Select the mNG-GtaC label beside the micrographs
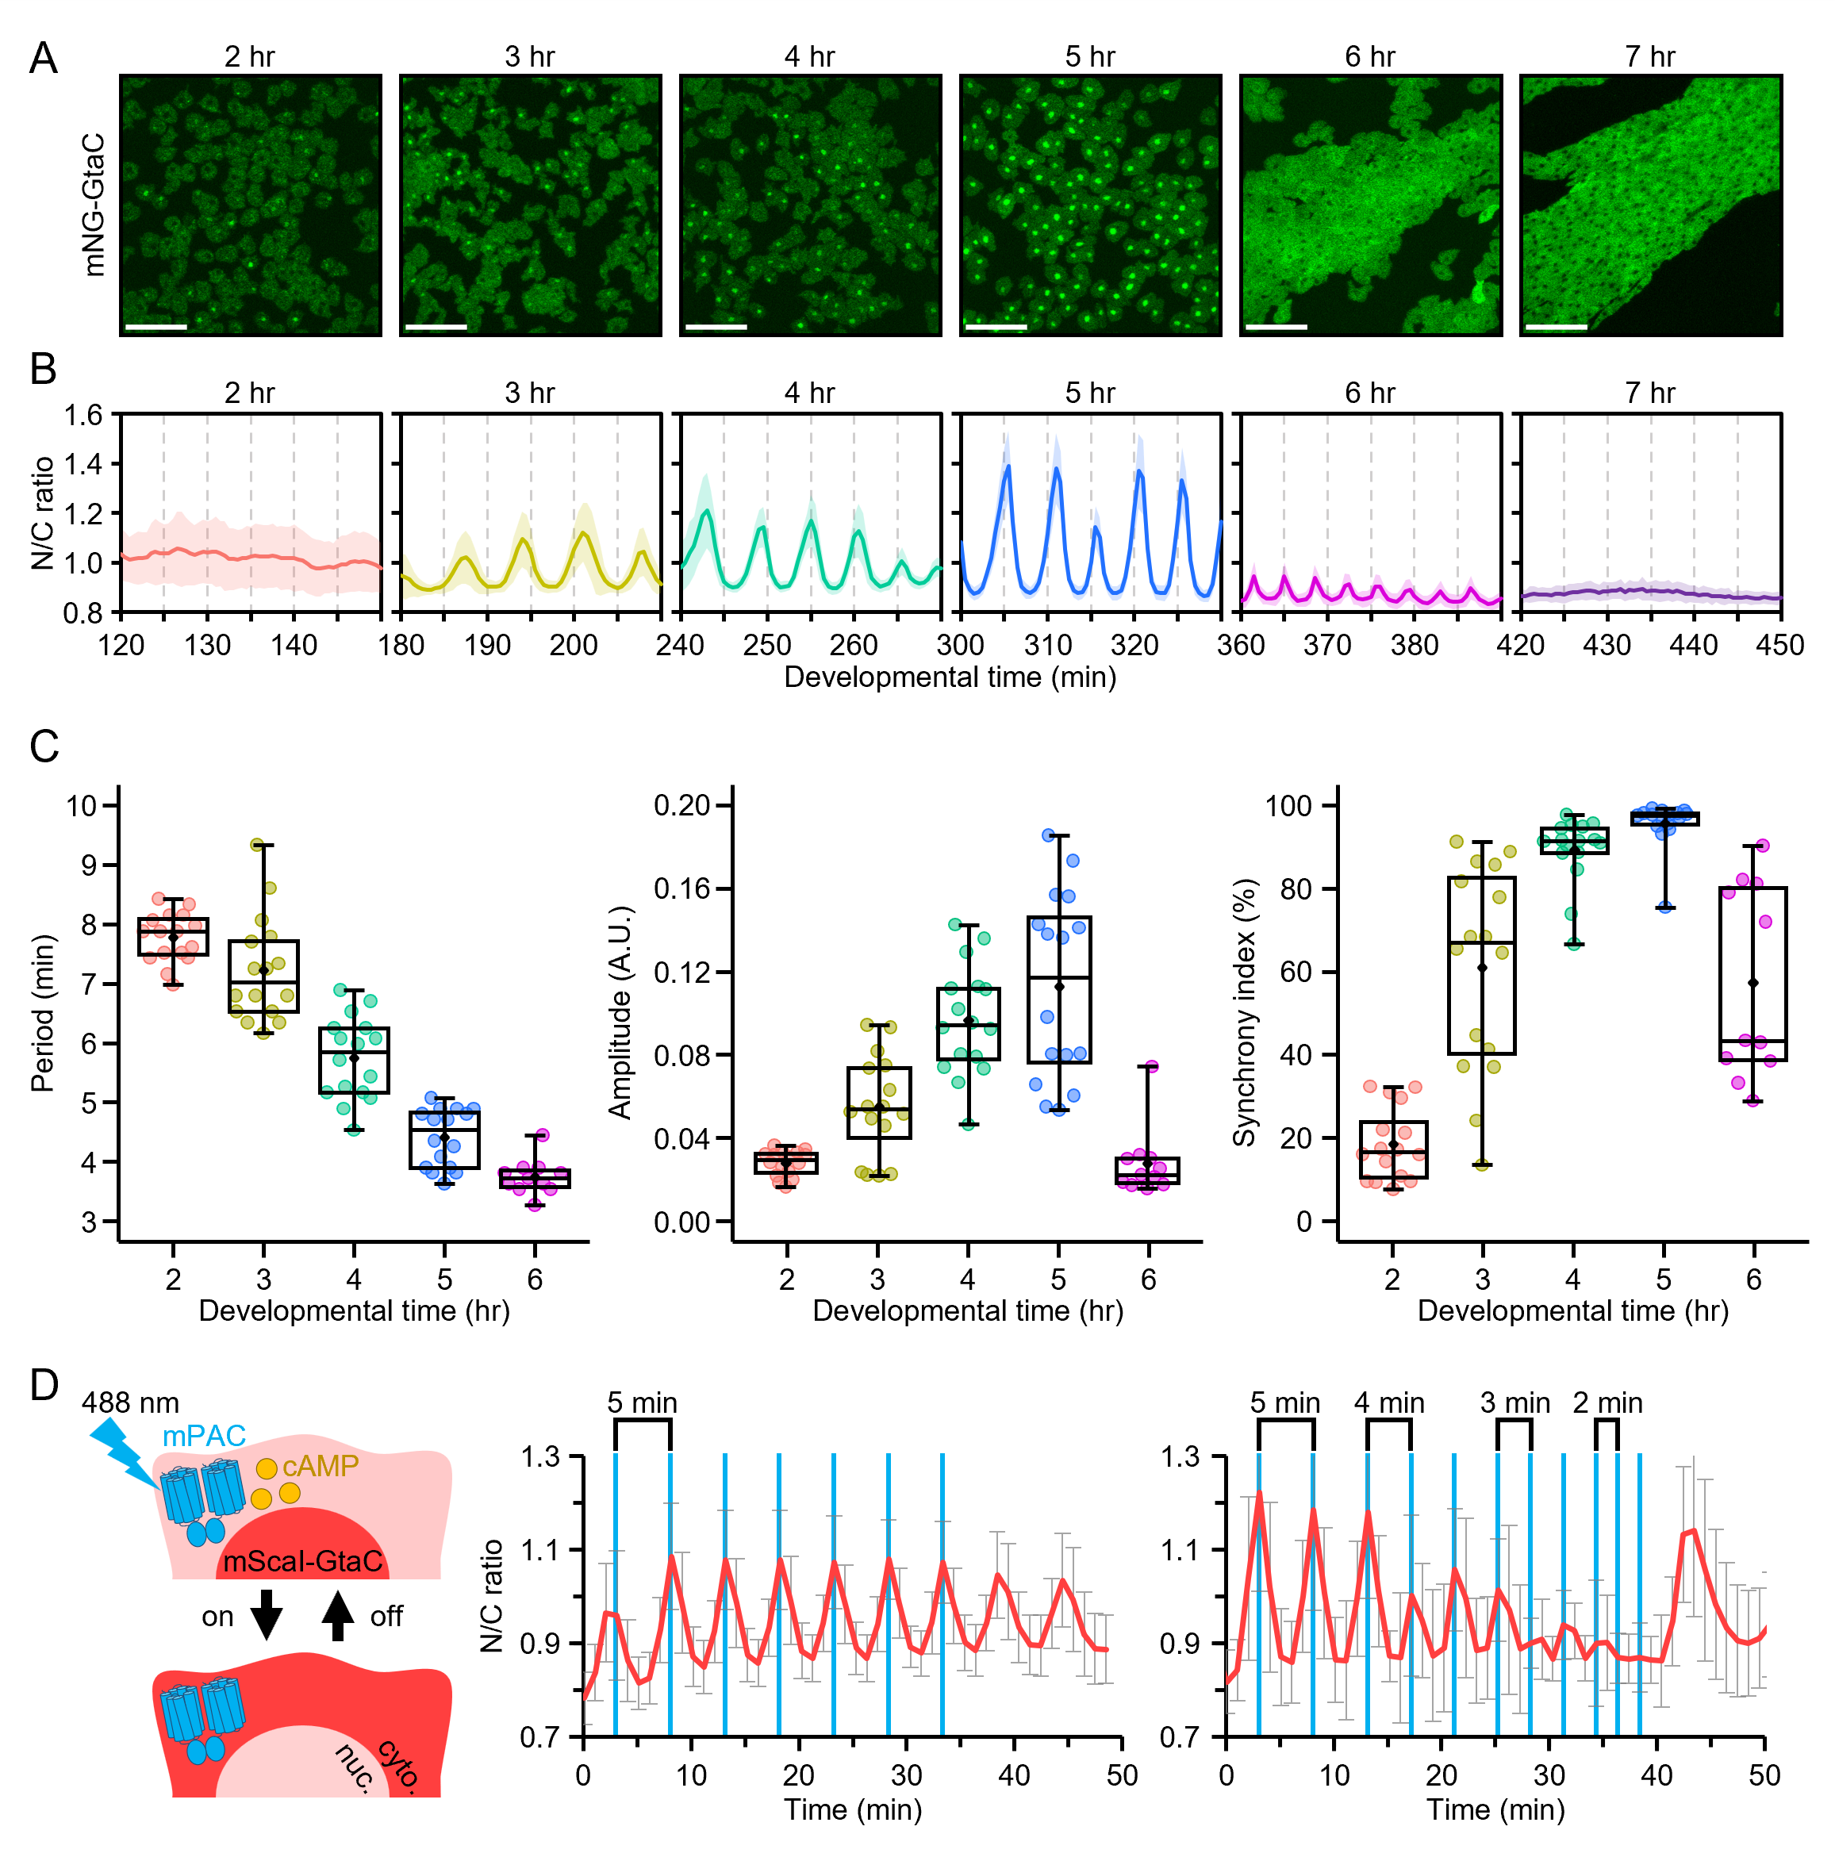point(94,205)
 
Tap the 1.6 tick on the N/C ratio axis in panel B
point(83,415)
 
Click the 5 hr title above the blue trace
point(1089,393)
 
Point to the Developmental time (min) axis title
point(950,677)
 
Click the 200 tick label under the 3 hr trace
point(574,645)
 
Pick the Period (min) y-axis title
point(41,1013)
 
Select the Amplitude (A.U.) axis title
point(620,1012)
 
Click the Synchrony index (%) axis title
point(1244,1012)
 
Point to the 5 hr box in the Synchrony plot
point(1664,819)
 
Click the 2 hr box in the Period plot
point(173,936)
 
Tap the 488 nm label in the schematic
point(130,1403)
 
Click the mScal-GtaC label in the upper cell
point(303,1562)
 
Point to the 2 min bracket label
point(1607,1403)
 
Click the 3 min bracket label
point(1515,1403)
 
